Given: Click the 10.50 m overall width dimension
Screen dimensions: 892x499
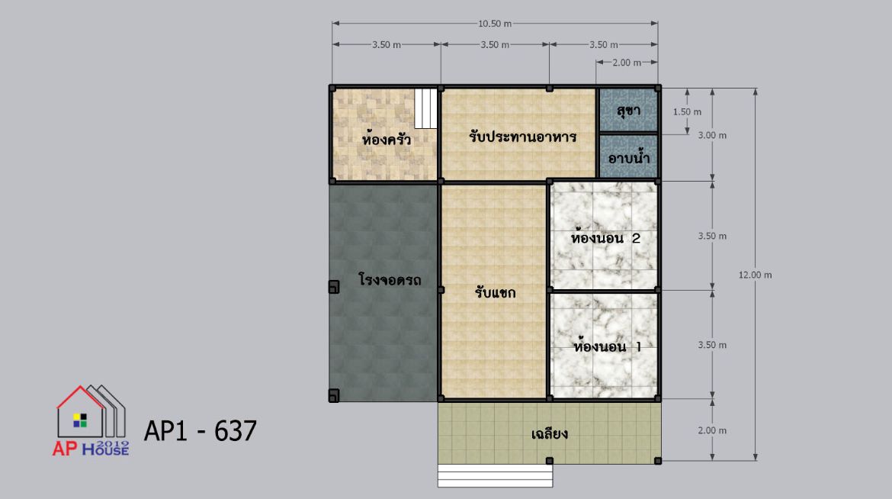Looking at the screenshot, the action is (494, 24).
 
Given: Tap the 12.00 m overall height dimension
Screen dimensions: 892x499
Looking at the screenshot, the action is (755, 275).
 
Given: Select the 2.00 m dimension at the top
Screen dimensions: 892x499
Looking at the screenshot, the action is (627, 62).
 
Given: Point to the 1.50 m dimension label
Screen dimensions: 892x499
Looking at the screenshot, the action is (687, 111).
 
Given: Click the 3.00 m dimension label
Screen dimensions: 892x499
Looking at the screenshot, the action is (712, 135).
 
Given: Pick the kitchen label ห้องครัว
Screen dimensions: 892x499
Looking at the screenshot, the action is (386, 138).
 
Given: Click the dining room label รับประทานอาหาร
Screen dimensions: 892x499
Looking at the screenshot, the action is (523, 136).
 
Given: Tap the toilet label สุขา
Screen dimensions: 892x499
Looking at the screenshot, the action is (629, 111).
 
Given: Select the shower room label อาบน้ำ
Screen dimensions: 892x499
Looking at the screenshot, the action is (629, 157).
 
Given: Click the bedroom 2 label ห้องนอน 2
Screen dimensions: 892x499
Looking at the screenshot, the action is (605, 237).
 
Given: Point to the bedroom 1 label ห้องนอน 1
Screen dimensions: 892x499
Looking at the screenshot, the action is (607, 346).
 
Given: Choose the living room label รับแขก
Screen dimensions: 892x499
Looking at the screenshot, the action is (495, 292).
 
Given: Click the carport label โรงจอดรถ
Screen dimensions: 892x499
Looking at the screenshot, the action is (390, 280).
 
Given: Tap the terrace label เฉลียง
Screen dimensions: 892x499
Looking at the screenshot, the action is (549, 433).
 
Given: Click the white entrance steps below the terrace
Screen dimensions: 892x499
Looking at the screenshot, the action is (495, 475).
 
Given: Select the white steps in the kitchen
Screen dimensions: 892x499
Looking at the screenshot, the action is (425, 108).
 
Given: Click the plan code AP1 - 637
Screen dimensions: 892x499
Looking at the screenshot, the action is (201, 431).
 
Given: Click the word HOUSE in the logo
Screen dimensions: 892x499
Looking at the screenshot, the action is (106, 450).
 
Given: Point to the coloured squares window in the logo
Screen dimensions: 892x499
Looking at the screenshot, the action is (80, 420).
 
